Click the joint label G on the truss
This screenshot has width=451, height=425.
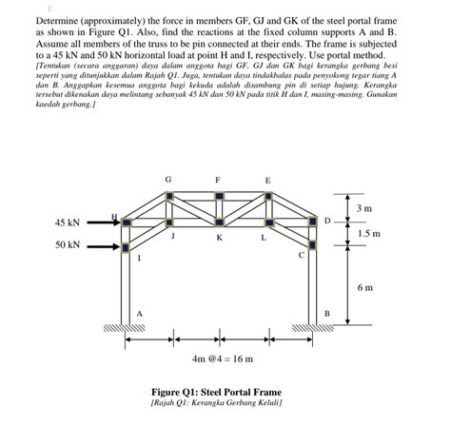[168, 180]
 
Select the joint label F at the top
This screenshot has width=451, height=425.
[219, 180]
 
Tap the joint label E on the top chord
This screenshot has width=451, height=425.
[267, 180]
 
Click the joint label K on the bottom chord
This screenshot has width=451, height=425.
[219, 239]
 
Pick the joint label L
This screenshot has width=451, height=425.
[264, 239]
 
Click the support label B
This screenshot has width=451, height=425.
[326, 313]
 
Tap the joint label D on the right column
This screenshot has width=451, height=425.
[327, 221]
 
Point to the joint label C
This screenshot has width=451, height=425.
[302, 256]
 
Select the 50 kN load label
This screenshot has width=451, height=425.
[67, 245]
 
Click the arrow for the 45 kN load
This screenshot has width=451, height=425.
[100, 223]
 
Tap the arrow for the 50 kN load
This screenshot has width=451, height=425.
[100, 246]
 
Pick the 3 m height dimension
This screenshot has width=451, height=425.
[364, 207]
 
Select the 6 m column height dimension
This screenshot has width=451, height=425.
[365, 286]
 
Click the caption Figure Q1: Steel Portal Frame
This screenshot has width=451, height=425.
[220, 391]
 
